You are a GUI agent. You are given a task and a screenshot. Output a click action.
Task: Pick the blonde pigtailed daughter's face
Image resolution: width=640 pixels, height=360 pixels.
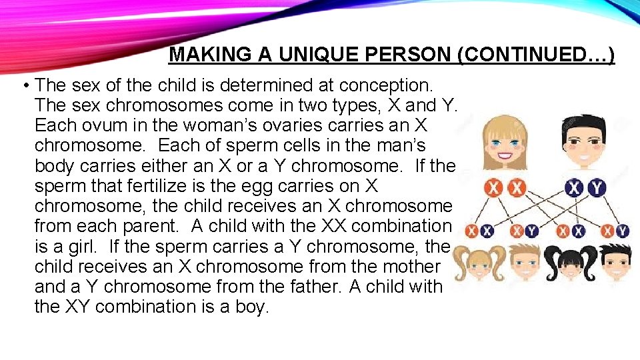pyautogui.click(x=481, y=265)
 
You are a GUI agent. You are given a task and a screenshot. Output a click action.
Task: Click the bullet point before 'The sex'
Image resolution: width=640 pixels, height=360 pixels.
pyautogui.click(x=24, y=86)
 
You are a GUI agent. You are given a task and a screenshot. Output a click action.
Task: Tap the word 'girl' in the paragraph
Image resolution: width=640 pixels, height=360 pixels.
pyautogui.click(x=82, y=246)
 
